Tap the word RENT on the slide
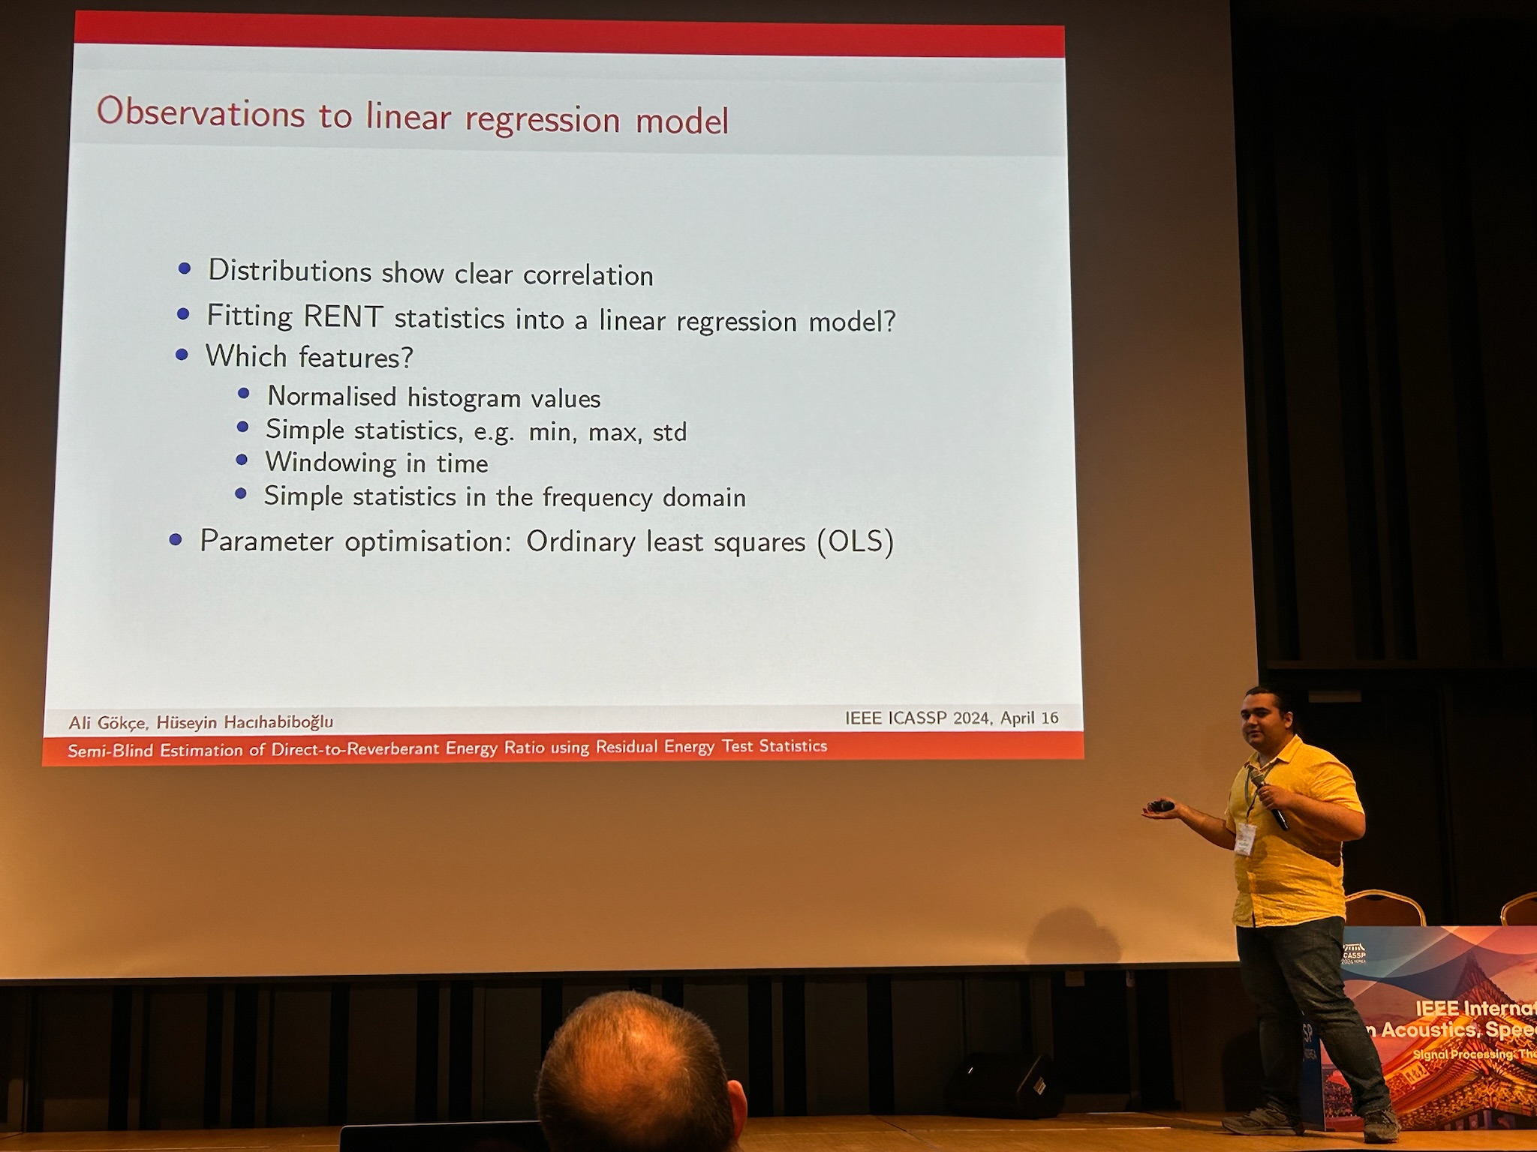click(x=344, y=316)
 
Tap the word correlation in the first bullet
click(x=588, y=275)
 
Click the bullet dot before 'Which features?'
click(x=182, y=355)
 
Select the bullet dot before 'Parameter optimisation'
click(x=176, y=539)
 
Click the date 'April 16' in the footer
click(x=1029, y=718)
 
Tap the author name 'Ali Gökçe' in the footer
click(x=107, y=723)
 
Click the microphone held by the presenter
click(x=1269, y=799)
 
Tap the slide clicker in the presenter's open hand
click(x=1161, y=806)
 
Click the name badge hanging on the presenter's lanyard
click(x=1245, y=838)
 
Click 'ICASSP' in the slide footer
click(x=918, y=718)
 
